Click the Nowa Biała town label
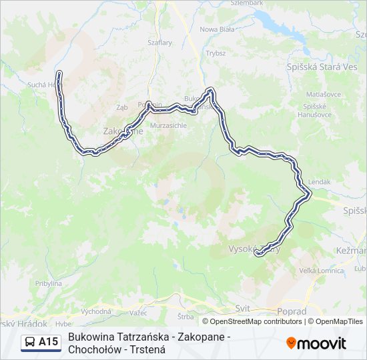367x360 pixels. pos(217,29)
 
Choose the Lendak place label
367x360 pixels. pos(320,181)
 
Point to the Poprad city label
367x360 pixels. pos(291,311)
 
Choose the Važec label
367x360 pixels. pos(139,313)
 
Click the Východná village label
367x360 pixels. pos(96,311)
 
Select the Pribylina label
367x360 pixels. pos(49,283)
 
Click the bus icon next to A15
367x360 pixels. pos(31,343)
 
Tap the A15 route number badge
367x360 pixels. pos(49,343)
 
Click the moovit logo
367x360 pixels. pos(316,343)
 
